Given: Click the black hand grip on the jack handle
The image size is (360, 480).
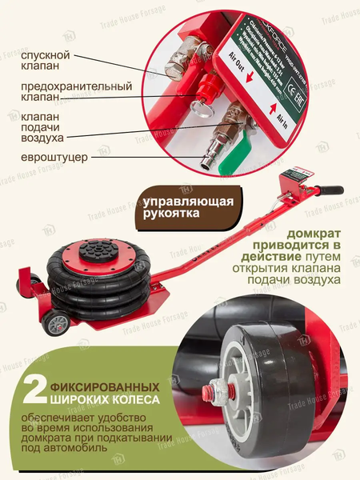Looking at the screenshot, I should (x=328, y=191).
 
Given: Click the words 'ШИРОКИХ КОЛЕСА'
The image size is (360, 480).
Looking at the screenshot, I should (x=101, y=398).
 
